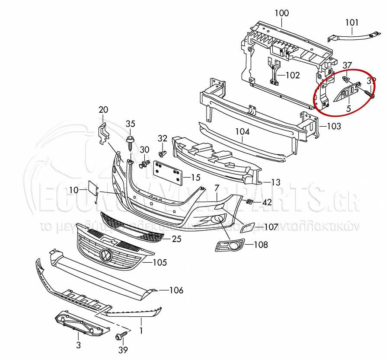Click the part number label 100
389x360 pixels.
click(281, 13)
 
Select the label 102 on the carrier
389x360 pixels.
click(292, 75)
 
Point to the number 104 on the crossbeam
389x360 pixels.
click(242, 131)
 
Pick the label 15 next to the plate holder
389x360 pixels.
click(195, 177)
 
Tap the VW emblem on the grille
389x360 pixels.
click(105, 256)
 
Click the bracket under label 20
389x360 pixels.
click(103, 132)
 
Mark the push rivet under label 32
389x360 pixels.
click(163, 154)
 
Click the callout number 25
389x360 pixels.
click(176, 239)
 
